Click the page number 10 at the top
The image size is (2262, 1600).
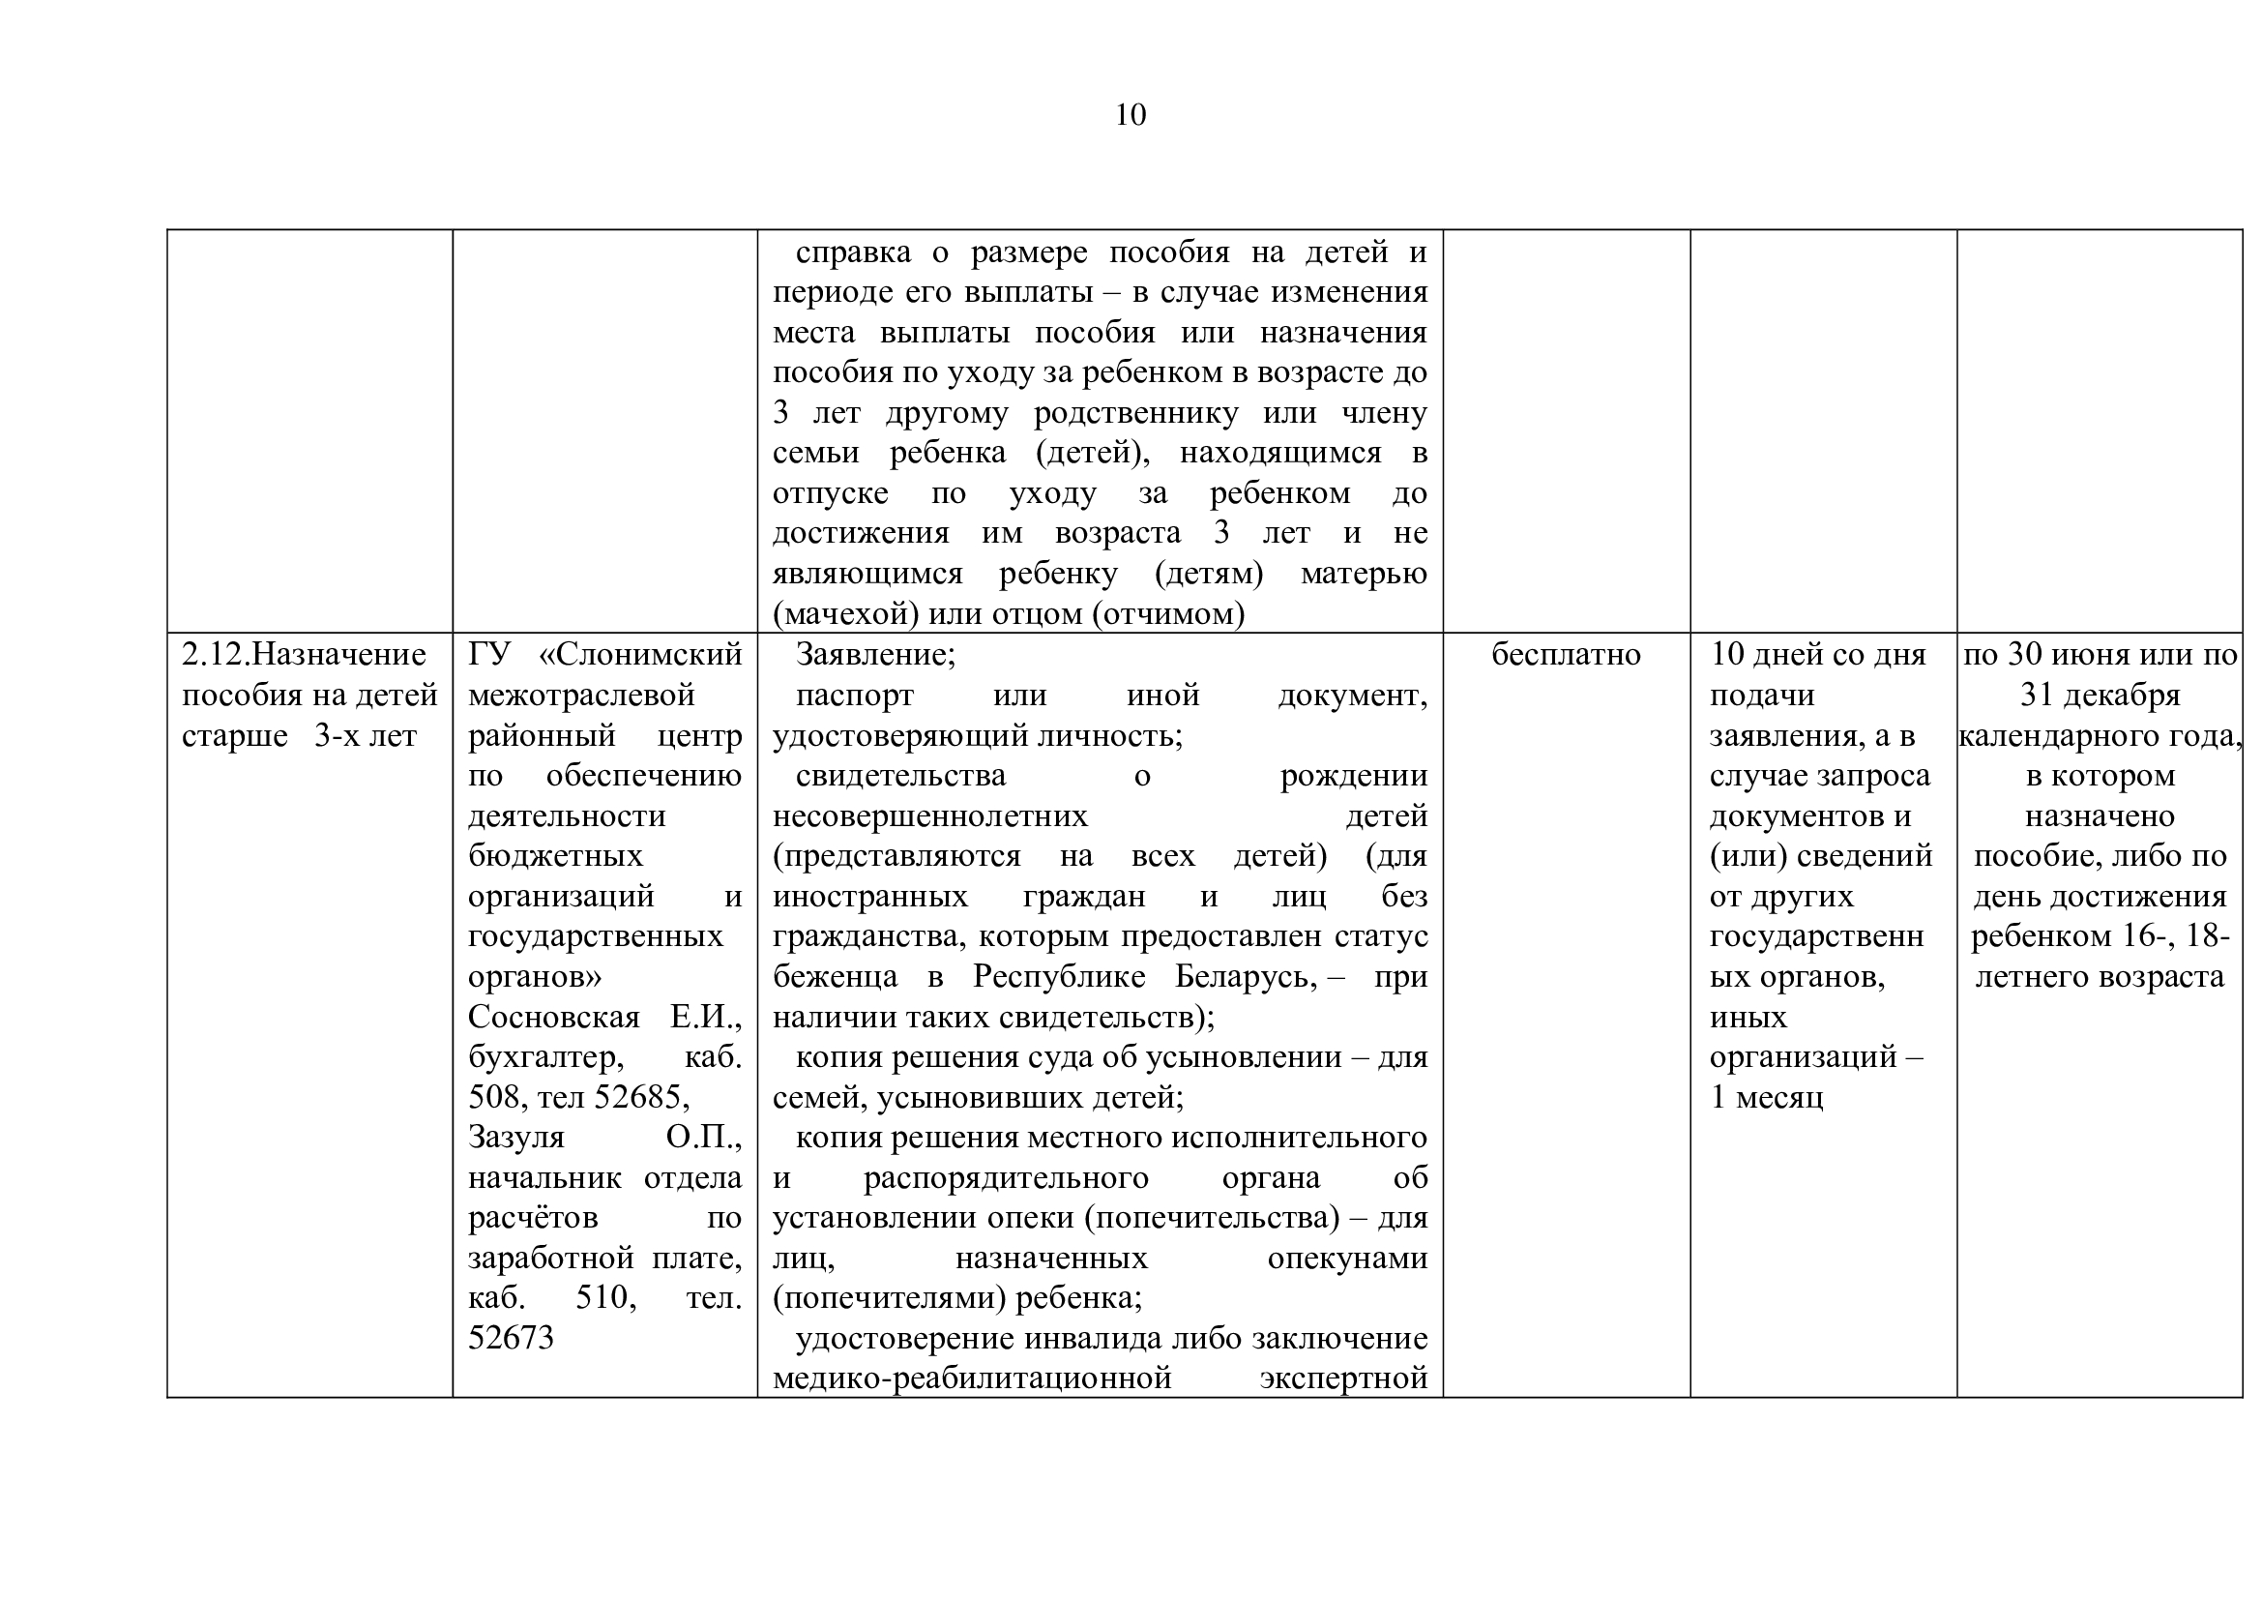click(1130, 115)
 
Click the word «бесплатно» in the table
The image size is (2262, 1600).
click(1566, 655)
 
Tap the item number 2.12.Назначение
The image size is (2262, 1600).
click(305, 655)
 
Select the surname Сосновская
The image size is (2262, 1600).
click(554, 1017)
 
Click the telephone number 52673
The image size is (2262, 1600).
click(512, 1338)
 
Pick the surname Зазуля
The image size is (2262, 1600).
click(516, 1138)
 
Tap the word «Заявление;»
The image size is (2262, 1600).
click(875, 655)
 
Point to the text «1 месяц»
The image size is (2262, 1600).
click(1767, 1098)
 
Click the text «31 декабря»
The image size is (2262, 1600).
click(2100, 696)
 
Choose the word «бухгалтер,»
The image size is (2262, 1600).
click(544, 1057)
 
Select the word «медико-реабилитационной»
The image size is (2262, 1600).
click(972, 1378)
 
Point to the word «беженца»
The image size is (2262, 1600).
click(836, 976)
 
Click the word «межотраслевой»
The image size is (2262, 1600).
click(581, 696)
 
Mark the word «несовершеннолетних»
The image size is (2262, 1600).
click(930, 815)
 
